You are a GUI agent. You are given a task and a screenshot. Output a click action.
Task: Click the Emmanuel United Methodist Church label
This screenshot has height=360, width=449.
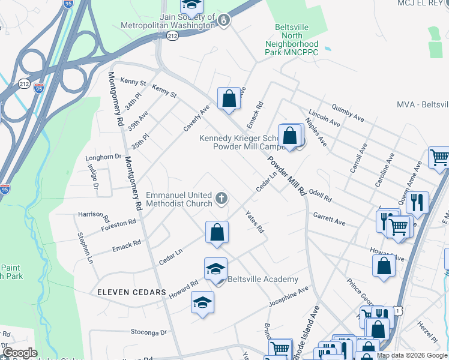179,200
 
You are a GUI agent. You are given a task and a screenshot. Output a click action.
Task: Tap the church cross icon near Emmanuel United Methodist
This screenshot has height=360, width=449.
221,198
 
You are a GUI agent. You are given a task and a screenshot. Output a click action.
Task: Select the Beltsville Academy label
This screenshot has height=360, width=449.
263,279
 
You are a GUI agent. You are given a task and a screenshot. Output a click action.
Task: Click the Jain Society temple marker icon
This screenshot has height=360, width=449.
224,21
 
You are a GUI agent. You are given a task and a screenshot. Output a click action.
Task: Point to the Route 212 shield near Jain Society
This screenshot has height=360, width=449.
173,37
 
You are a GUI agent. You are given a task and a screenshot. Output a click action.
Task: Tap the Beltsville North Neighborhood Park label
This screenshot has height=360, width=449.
292,40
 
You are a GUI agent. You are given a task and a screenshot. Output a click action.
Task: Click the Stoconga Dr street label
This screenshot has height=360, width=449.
149,332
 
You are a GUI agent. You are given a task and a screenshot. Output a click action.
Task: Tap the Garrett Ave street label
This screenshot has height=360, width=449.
329,218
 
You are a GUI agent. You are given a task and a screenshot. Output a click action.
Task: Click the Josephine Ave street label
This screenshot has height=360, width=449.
288,296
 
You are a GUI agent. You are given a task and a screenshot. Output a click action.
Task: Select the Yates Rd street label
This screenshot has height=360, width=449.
255,221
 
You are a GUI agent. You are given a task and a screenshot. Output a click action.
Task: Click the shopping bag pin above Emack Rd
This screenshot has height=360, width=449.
229,99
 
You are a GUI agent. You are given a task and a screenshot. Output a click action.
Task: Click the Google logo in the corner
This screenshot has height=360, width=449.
19,353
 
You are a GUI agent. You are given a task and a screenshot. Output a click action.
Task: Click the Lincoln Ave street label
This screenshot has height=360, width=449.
324,118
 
